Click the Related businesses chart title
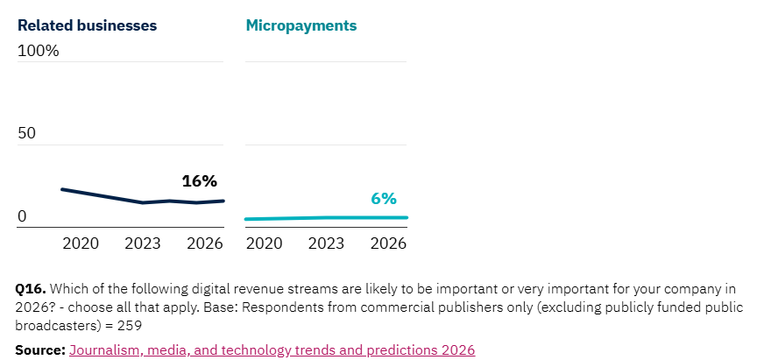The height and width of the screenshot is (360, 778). click(x=87, y=25)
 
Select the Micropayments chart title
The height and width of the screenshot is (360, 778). click(x=301, y=25)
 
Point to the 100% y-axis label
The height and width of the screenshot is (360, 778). click(x=39, y=51)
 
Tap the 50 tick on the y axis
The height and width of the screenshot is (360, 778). click(x=27, y=134)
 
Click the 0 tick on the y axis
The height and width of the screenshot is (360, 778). click(x=22, y=216)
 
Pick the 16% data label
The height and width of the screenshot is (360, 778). click(x=199, y=181)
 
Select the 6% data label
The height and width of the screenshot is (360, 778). click(x=384, y=199)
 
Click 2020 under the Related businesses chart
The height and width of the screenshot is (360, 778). click(x=81, y=244)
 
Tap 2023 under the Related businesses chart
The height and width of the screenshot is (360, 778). click(x=143, y=244)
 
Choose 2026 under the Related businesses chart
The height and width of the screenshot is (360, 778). click(x=205, y=244)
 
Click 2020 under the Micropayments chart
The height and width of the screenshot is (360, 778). click(x=264, y=244)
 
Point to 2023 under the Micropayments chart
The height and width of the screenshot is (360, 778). click(x=326, y=244)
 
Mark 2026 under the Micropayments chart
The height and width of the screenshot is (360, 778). click(x=388, y=244)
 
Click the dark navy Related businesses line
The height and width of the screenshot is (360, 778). click(x=105, y=196)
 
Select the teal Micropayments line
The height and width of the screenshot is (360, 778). click(x=324, y=217)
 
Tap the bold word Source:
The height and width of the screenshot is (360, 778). click(x=40, y=350)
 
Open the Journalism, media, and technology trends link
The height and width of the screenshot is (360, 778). click(x=272, y=350)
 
